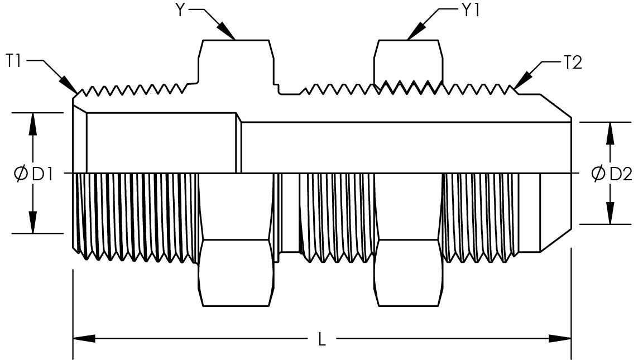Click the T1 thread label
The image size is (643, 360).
coord(14,61)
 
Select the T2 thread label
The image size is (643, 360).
coord(573,63)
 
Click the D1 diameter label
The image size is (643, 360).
coord(42,174)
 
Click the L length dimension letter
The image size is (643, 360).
coord(322,339)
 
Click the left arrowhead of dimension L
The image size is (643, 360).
coord(84,339)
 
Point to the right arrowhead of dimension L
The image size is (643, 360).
coord(560,339)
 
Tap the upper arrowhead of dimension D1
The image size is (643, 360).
coord(33,123)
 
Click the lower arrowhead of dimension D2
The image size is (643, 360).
coord(610,214)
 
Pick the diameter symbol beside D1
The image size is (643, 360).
coord(21,174)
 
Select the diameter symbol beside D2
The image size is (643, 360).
coord(598,174)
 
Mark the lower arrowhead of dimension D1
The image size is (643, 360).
coord(33,222)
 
